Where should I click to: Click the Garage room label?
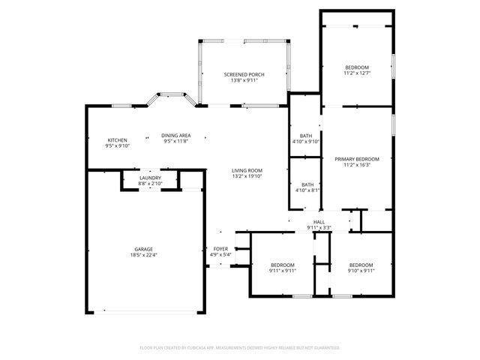(143, 249)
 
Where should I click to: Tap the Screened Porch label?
(243, 74)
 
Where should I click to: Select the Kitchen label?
(117, 140)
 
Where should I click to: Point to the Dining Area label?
(176, 135)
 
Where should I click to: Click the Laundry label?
(150, 178)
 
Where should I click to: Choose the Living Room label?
(246, 170)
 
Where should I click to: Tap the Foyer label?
(220, 249)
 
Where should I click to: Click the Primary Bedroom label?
(357, 159)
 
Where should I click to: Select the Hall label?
(319, 222)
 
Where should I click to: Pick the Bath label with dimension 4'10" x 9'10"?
(306, 136)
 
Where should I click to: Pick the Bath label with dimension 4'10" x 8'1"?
(307, 184)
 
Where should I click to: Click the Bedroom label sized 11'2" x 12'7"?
(356, 67)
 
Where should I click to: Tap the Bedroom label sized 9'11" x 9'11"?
(283, 265)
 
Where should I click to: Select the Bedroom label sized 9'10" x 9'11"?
(361, 265)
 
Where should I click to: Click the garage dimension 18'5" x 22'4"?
(143, 255)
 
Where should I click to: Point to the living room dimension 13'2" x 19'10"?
(246, 176)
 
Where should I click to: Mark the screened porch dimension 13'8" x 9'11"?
(243, 80)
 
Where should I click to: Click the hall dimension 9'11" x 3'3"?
(319, 227)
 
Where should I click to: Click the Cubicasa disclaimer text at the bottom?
(240, 348)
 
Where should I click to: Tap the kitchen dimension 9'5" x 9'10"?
(117, 146)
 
